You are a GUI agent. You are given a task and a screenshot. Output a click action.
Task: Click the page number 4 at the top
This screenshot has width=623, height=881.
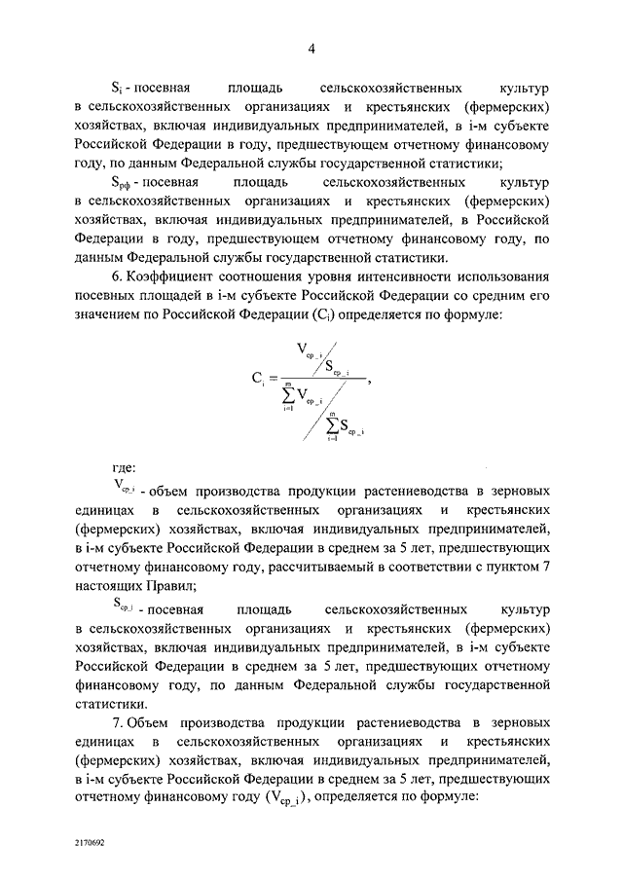(x=311, y=50)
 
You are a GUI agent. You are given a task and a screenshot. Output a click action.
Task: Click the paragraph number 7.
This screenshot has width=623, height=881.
(x=117, y=723)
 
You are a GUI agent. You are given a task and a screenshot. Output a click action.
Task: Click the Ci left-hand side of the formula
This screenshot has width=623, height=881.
(x=258, y=381)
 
